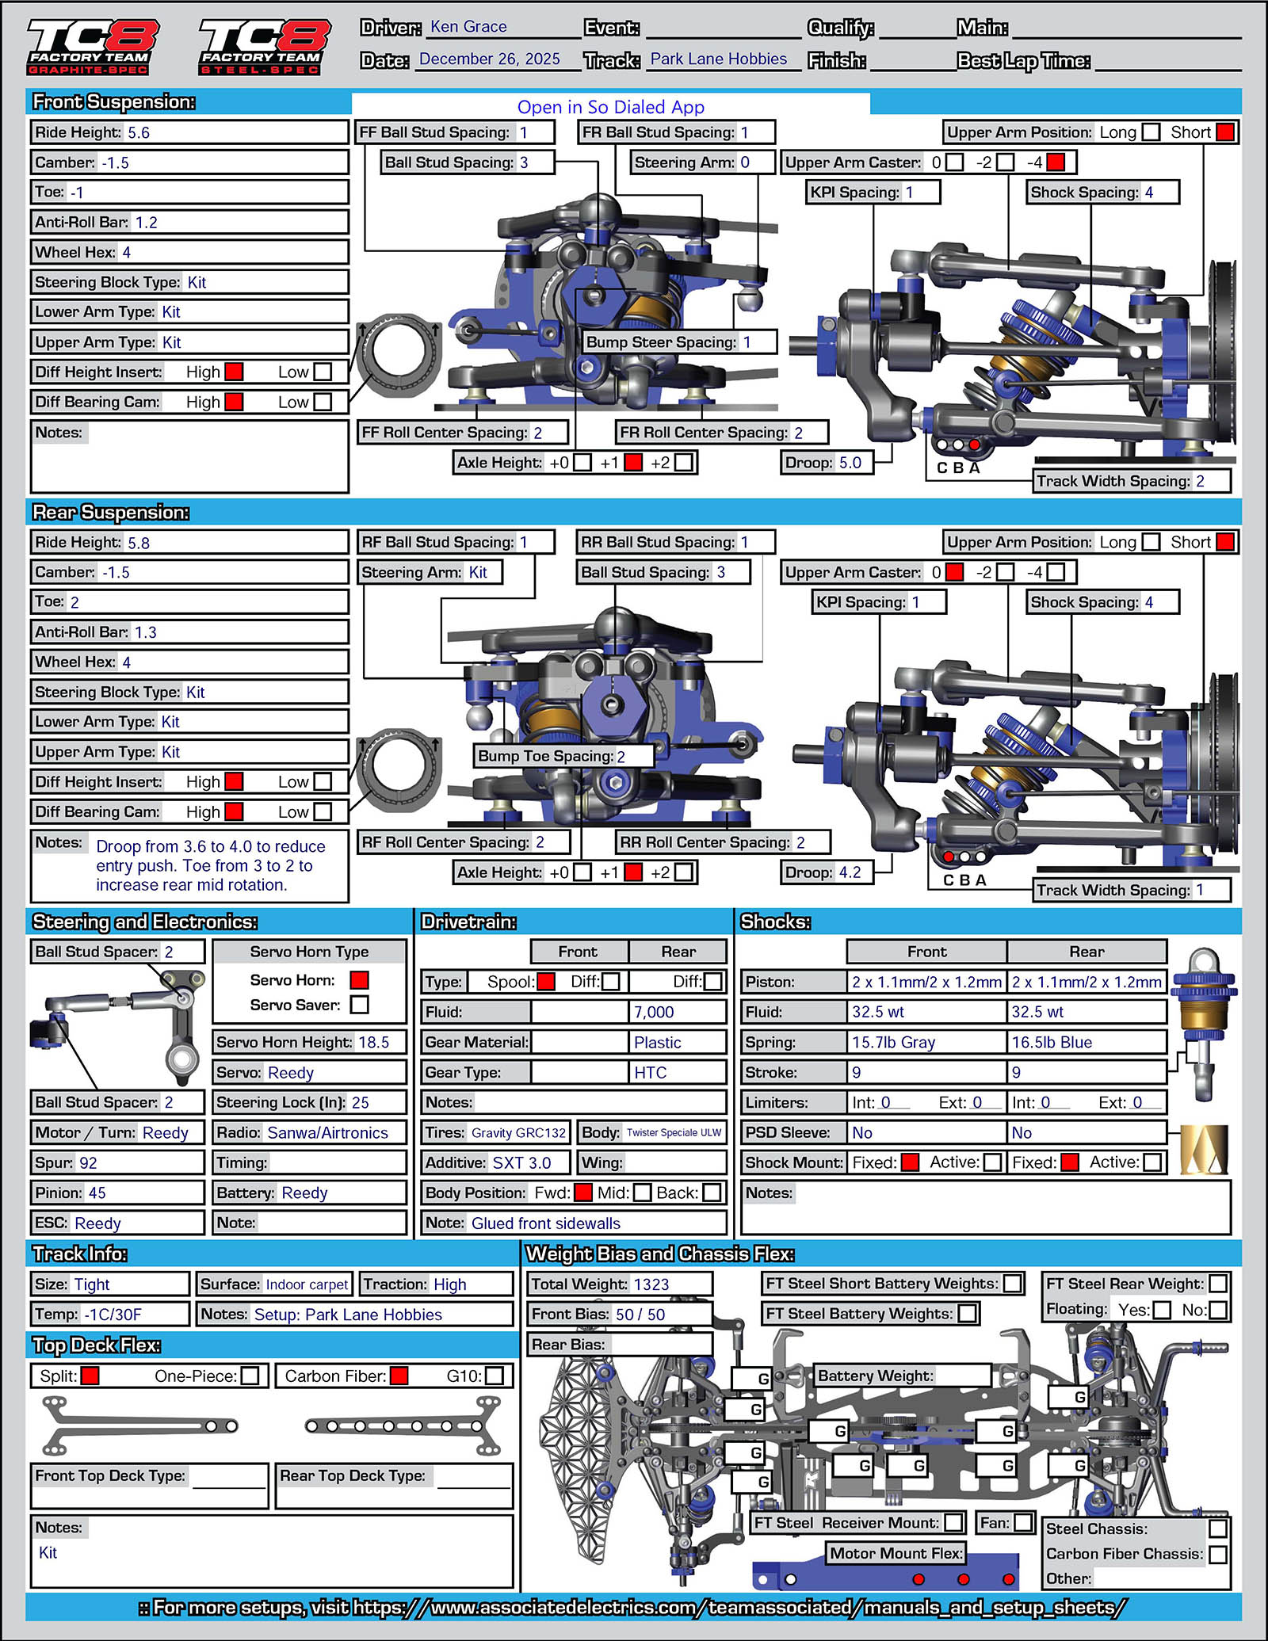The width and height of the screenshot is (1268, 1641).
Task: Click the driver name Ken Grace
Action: click(468, 27)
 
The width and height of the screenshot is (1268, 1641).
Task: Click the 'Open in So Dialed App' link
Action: click(610, 107)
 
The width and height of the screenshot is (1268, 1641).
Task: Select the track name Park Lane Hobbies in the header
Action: click(718, 59)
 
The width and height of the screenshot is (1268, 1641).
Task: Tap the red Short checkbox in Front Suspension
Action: click(1224, 132)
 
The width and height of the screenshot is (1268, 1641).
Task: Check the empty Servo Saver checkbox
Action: click(359, 1005)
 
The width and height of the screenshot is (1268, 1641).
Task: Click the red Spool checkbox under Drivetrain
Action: click(546, 982)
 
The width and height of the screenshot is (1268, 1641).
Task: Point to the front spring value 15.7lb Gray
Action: click(893, 1043)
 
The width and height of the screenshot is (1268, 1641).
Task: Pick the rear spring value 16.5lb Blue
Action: click(1052, 1043)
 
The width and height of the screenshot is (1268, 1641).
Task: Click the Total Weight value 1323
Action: click(651, 1284)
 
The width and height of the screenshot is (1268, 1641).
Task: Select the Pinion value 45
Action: click(97, 1193)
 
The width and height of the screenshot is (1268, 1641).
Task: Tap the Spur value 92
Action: click(88, 1163)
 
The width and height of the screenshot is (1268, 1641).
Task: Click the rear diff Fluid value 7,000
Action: click(654, 1013)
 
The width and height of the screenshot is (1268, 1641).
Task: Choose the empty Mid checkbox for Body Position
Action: click(642, 1193)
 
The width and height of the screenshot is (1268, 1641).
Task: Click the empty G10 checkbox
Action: click(495, 1376)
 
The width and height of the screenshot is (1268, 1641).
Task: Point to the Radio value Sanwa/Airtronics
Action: click(327, 1133)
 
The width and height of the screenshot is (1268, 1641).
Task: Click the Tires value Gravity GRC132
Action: click(518, 1133)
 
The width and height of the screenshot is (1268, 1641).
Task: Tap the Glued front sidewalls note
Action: click(546, 1223)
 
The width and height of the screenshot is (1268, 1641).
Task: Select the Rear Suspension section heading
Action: click(111, 513)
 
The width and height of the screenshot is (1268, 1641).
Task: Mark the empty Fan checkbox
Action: click(1024, 1523)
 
